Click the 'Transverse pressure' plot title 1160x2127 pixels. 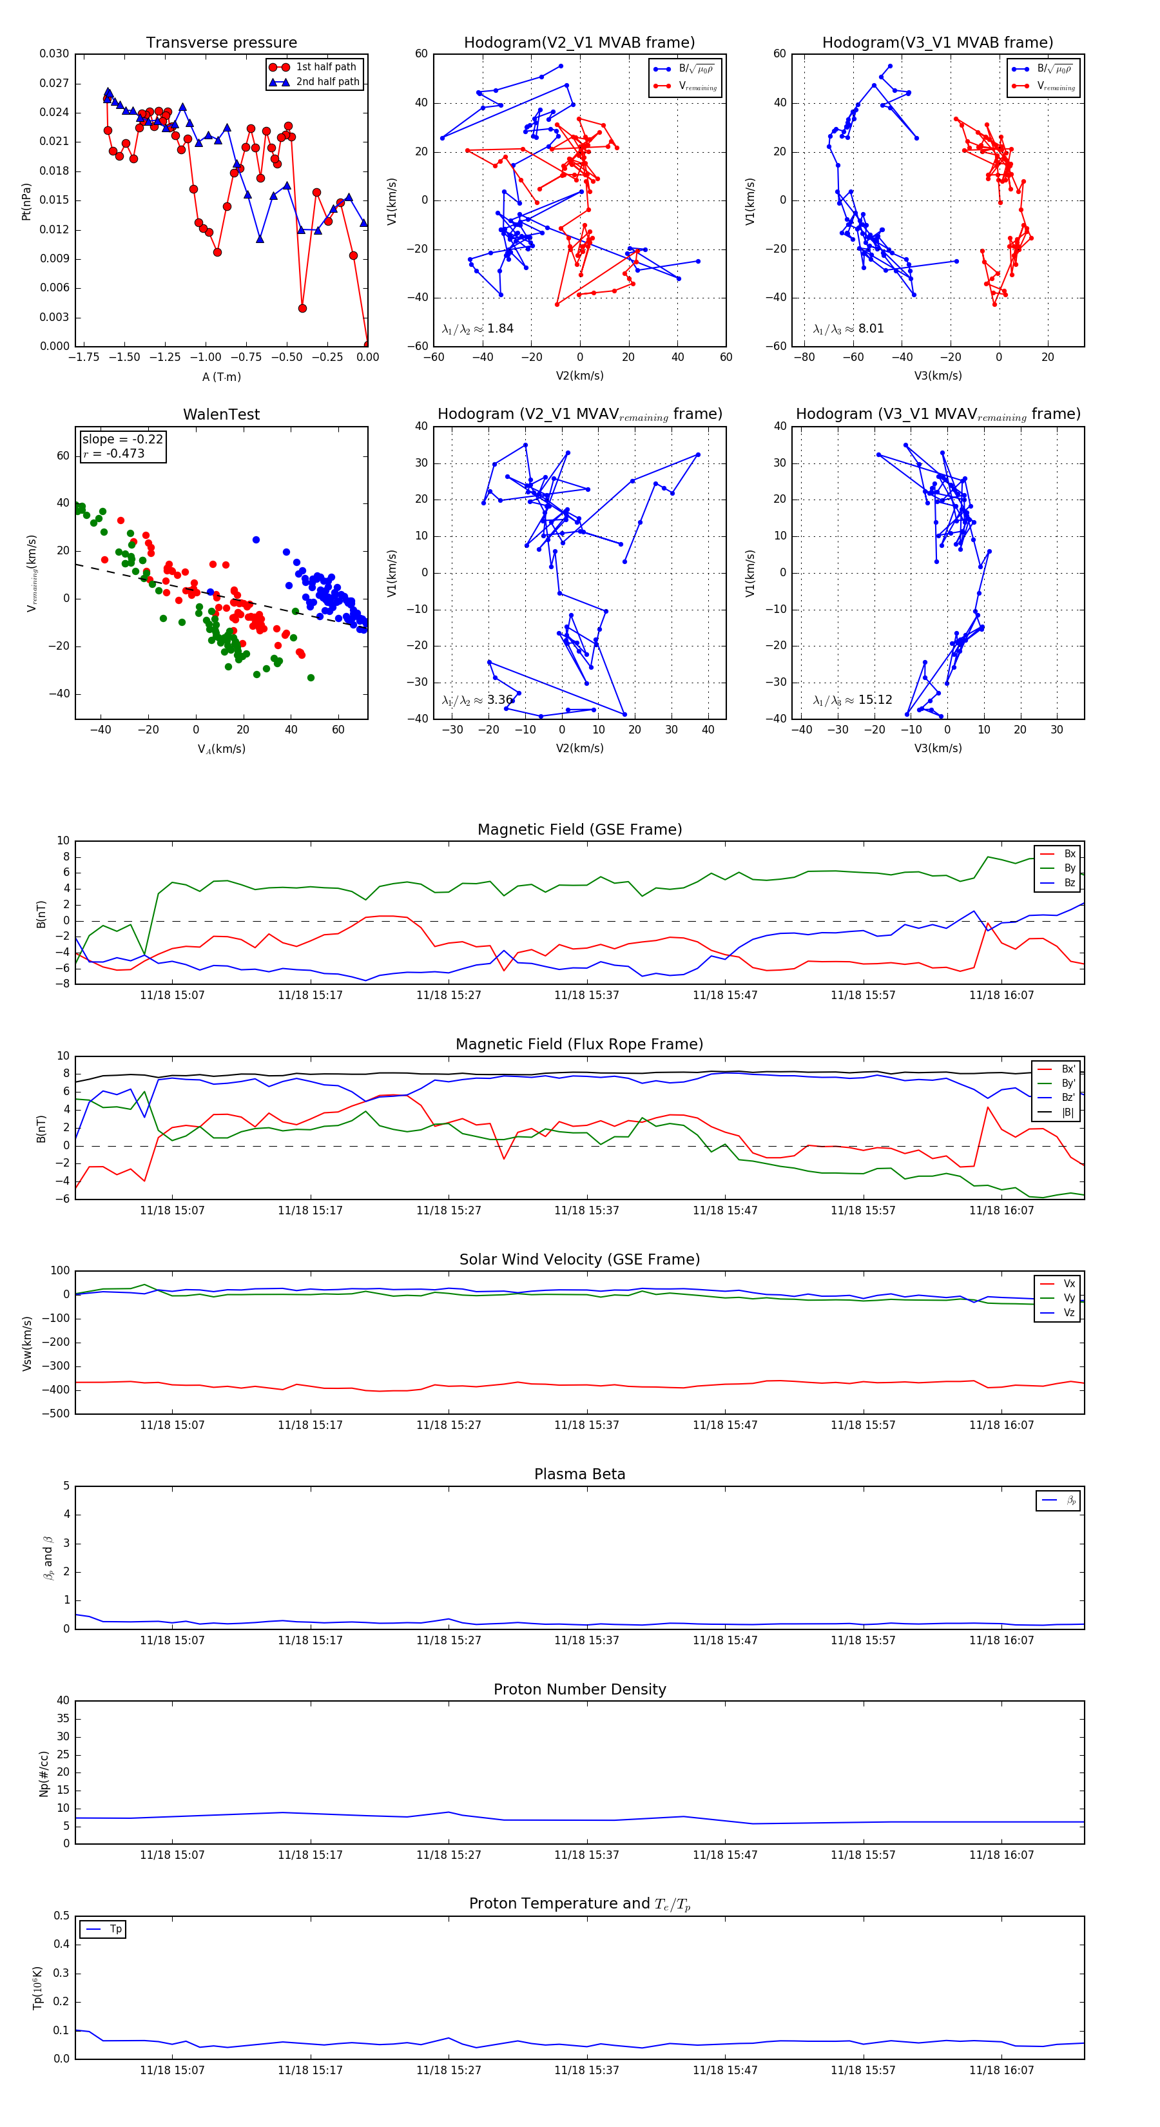coord(221,43)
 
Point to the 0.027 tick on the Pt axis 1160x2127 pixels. coord(55,83)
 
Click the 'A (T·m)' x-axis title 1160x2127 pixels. coord(221,377)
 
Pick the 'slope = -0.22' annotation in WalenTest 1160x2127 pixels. coord(122,440)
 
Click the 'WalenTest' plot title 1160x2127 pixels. coord(221,414)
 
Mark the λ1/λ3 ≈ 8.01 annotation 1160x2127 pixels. coord(848,329)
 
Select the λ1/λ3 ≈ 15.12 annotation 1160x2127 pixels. coord(852,700)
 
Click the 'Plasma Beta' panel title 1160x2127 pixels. coord(579,1475)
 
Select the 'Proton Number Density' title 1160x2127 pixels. coord(579,1689)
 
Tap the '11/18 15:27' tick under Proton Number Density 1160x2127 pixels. coord(449,1856)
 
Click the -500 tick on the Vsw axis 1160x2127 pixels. coord(56,1413)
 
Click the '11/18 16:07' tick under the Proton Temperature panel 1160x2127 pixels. coord(1001,2070)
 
